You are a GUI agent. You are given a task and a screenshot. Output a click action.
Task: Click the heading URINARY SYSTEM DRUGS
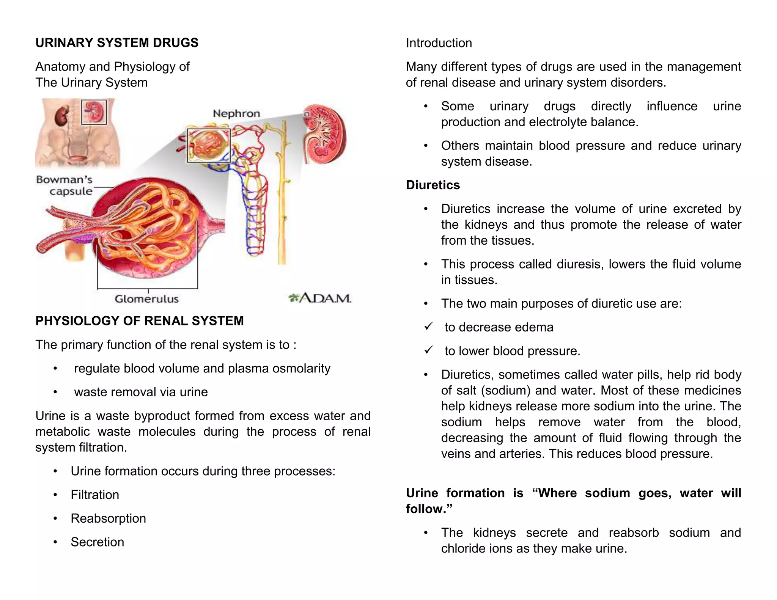click(x=117, y=43)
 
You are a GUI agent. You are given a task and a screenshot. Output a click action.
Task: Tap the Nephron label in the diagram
click(x=236, y=113)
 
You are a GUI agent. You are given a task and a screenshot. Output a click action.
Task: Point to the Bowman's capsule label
click(x=64, y=185)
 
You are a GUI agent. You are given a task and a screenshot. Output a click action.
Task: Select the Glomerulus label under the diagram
click(x=146, y=299)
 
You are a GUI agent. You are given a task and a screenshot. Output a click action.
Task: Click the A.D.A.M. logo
click(x=320, y=298)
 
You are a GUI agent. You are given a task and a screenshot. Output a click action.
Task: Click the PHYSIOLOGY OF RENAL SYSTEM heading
click(x=139, y=321)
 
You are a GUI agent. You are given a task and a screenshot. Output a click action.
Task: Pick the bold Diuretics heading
click(x=433, y=185)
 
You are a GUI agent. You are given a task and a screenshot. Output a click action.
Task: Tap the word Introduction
click(x=439, y=43)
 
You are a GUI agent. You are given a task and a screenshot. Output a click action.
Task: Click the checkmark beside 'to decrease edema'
click(x=429, y=326)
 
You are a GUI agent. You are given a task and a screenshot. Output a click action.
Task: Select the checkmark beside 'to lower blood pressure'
click(x=429, y=350)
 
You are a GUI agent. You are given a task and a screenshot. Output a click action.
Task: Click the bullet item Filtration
click(x=95, y=495)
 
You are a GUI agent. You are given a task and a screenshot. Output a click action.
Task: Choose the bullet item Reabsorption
click(x=108, y=518)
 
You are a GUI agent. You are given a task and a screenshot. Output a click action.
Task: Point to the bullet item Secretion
click(x=97, y=542)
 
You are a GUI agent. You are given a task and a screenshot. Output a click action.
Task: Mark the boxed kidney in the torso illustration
click(x=94, y=112)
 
